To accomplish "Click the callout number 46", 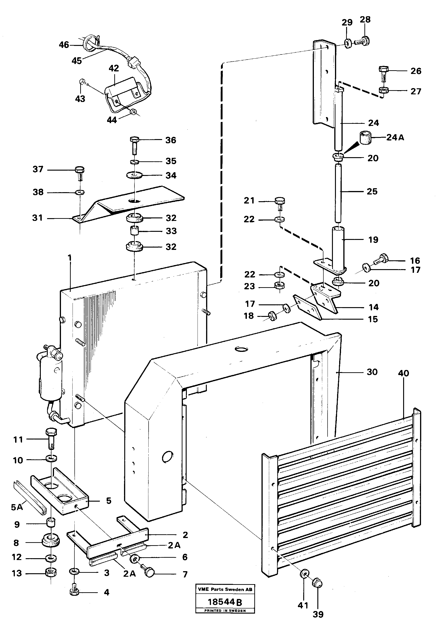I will pyautogui.click(x=64, y=45).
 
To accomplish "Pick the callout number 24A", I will pyautogui.click(x=395, y=137).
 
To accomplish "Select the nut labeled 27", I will pyautogui.click(x=384, y=90).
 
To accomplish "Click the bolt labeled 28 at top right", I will pyautogui.click(x=362, y=41).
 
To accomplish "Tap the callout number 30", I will pyautogui.click(x=372, y=372).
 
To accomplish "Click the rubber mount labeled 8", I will pyautogui.click(x=51, y=541).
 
